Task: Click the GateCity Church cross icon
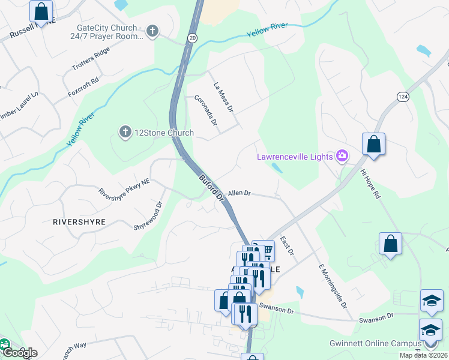point(152,31)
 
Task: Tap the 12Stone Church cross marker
point(125,132)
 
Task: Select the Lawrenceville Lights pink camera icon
point(342,157)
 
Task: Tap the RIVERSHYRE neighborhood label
point(79,221)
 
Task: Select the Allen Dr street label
point(238,193)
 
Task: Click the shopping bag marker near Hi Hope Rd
point(373,145)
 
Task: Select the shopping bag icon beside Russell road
point(41,11)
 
